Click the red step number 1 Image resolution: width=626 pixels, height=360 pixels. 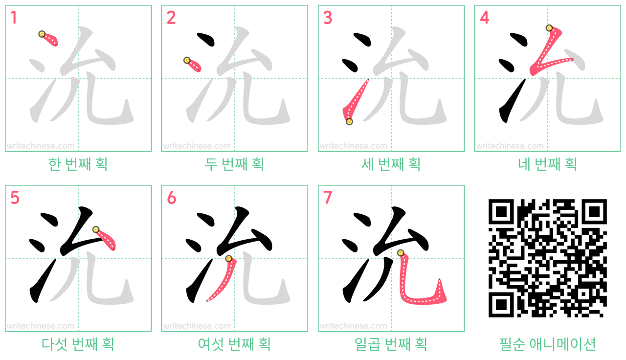[14, 18]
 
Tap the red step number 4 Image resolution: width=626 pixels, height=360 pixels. [484, 18]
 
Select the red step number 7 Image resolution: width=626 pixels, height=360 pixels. [328, 198]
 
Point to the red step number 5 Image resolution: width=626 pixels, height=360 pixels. [15, 198]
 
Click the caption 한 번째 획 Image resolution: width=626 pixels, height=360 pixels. [78, 164]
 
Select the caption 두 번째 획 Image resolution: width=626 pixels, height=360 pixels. [234, 164]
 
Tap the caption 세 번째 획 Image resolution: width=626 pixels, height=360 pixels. [391, 164]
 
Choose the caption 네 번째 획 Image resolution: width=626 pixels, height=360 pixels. [547, 164]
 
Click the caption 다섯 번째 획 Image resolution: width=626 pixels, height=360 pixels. [78, 344]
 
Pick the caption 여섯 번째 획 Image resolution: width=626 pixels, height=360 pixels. [234, 344]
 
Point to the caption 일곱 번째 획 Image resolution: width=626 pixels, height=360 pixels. [391, 344]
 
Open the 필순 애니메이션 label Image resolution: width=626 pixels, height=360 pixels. [547, 344]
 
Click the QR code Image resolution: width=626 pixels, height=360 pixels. [547, 258]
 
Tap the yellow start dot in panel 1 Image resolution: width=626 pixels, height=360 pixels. [42, 34]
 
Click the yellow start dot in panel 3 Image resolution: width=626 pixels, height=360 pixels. [349, 122]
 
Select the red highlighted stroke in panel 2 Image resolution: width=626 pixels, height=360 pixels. [193, 66]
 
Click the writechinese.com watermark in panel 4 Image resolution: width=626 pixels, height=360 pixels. [510, 146]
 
